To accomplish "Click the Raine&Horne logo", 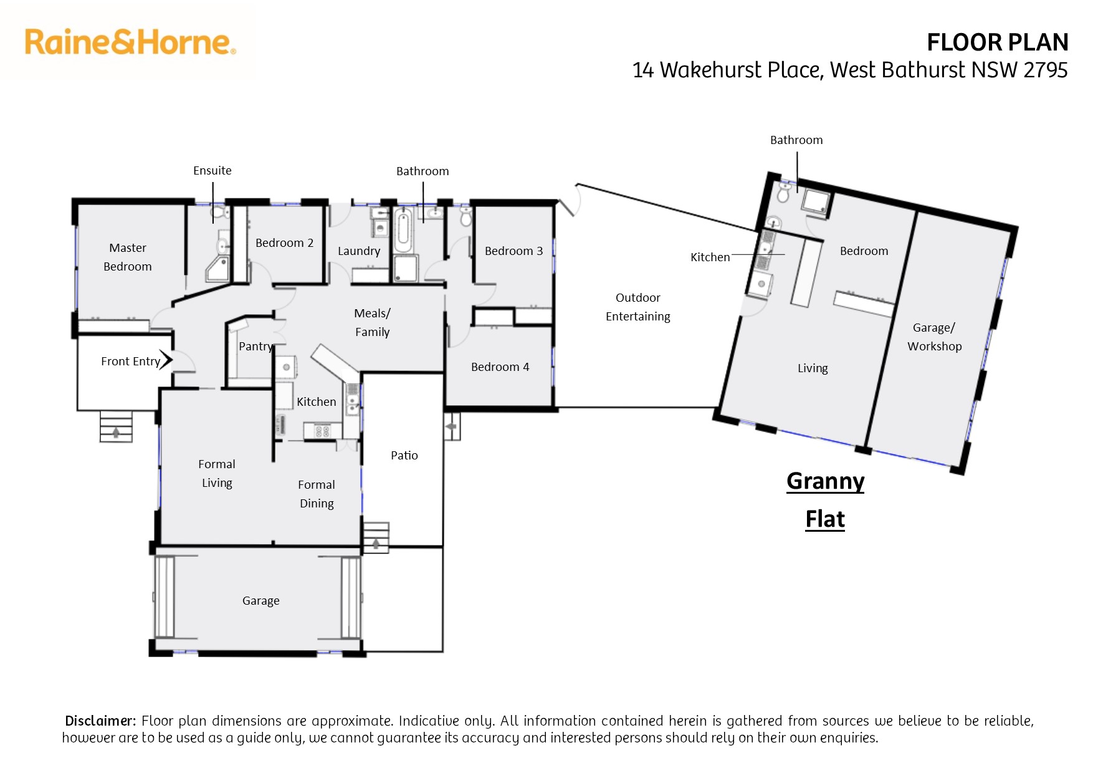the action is [x=130, y=42].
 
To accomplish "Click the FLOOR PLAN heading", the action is [x=998, y=42].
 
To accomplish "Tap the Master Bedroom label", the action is [x=128, y=257].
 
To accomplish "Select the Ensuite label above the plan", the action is [x=212, y=170].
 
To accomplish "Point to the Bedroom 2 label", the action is [x=284, y=242].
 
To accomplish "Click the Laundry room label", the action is [x=359, y=251].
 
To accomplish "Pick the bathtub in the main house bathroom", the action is [x=403, y=231].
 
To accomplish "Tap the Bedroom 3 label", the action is [x=513, y=251].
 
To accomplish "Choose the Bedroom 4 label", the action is [x=500, y=367].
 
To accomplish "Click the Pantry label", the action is [x=255, y=347].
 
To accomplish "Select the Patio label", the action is [x=404, y=455].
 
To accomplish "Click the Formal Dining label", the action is [x=317, y=494].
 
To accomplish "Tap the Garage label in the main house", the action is [x=261, y=600].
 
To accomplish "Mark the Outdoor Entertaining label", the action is [x=638, y=307].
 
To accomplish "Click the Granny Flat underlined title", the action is [x=826, y=500].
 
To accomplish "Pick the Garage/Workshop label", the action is [x=934, y=337].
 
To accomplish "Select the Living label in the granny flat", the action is [x=813, y=368].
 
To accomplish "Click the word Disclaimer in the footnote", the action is [x=100, y=721].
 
